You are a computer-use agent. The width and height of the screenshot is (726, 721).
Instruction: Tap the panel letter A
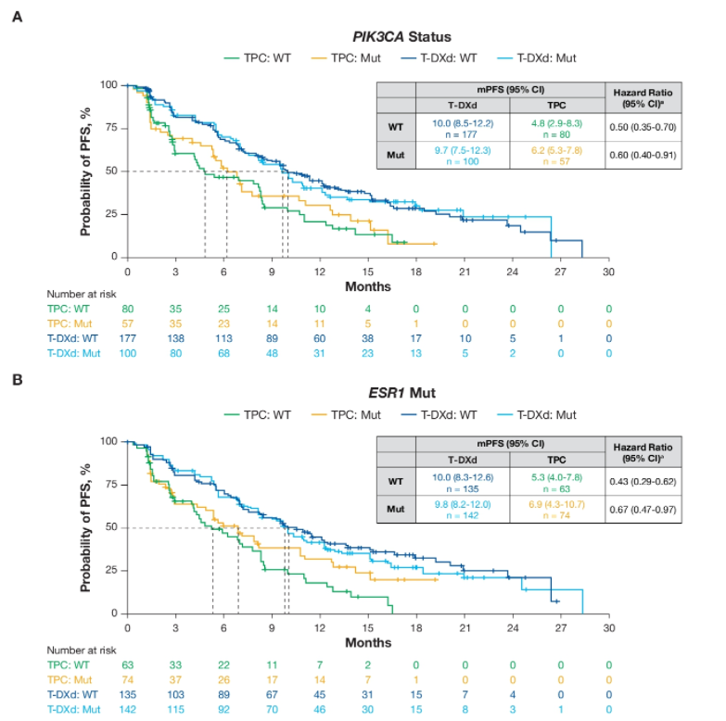(x=17, y=15)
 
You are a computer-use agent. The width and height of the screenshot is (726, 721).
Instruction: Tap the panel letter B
(x=17, y=379)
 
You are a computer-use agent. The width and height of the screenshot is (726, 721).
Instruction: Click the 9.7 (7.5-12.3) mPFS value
(x=461, y=149)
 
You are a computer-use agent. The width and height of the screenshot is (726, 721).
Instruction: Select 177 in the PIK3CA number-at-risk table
(x=128, y=339)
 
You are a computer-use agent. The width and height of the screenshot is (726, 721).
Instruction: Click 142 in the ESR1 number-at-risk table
(x=128, y=709)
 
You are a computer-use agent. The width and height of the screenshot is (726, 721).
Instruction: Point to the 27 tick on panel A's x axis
(x=559, y=272)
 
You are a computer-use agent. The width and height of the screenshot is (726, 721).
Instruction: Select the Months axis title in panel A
(x=368, y=286)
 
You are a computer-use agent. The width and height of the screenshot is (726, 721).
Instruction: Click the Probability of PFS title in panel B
(x=85, y=526)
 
